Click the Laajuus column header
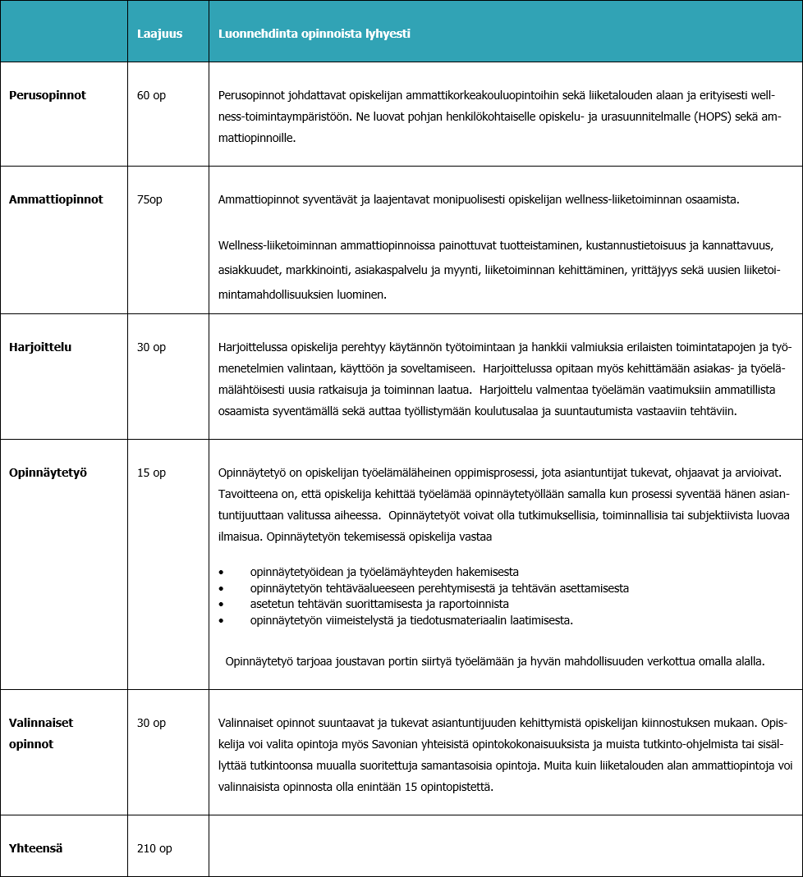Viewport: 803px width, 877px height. (159, 34)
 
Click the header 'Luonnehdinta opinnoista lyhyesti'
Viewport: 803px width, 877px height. (314, 34)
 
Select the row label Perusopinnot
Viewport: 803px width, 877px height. (48, 95)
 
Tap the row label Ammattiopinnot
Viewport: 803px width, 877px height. (56, 199)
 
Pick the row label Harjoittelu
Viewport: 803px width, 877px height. (40, 347)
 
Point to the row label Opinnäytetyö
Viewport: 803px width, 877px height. (48, 473)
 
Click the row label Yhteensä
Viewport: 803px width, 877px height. (36, 848)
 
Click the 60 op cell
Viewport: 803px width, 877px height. (151, 95)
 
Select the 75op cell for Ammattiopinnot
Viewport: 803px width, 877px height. (149, 199)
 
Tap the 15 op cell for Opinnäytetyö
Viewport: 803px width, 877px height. (151, 473)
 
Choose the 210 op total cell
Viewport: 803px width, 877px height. (154, 848)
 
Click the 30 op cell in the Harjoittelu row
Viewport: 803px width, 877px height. (151, 347)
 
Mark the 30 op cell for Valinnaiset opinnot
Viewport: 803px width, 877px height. (151, 723)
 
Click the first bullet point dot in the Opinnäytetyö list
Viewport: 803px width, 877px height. (222, 572)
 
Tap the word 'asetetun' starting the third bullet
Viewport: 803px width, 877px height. (271, 604)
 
